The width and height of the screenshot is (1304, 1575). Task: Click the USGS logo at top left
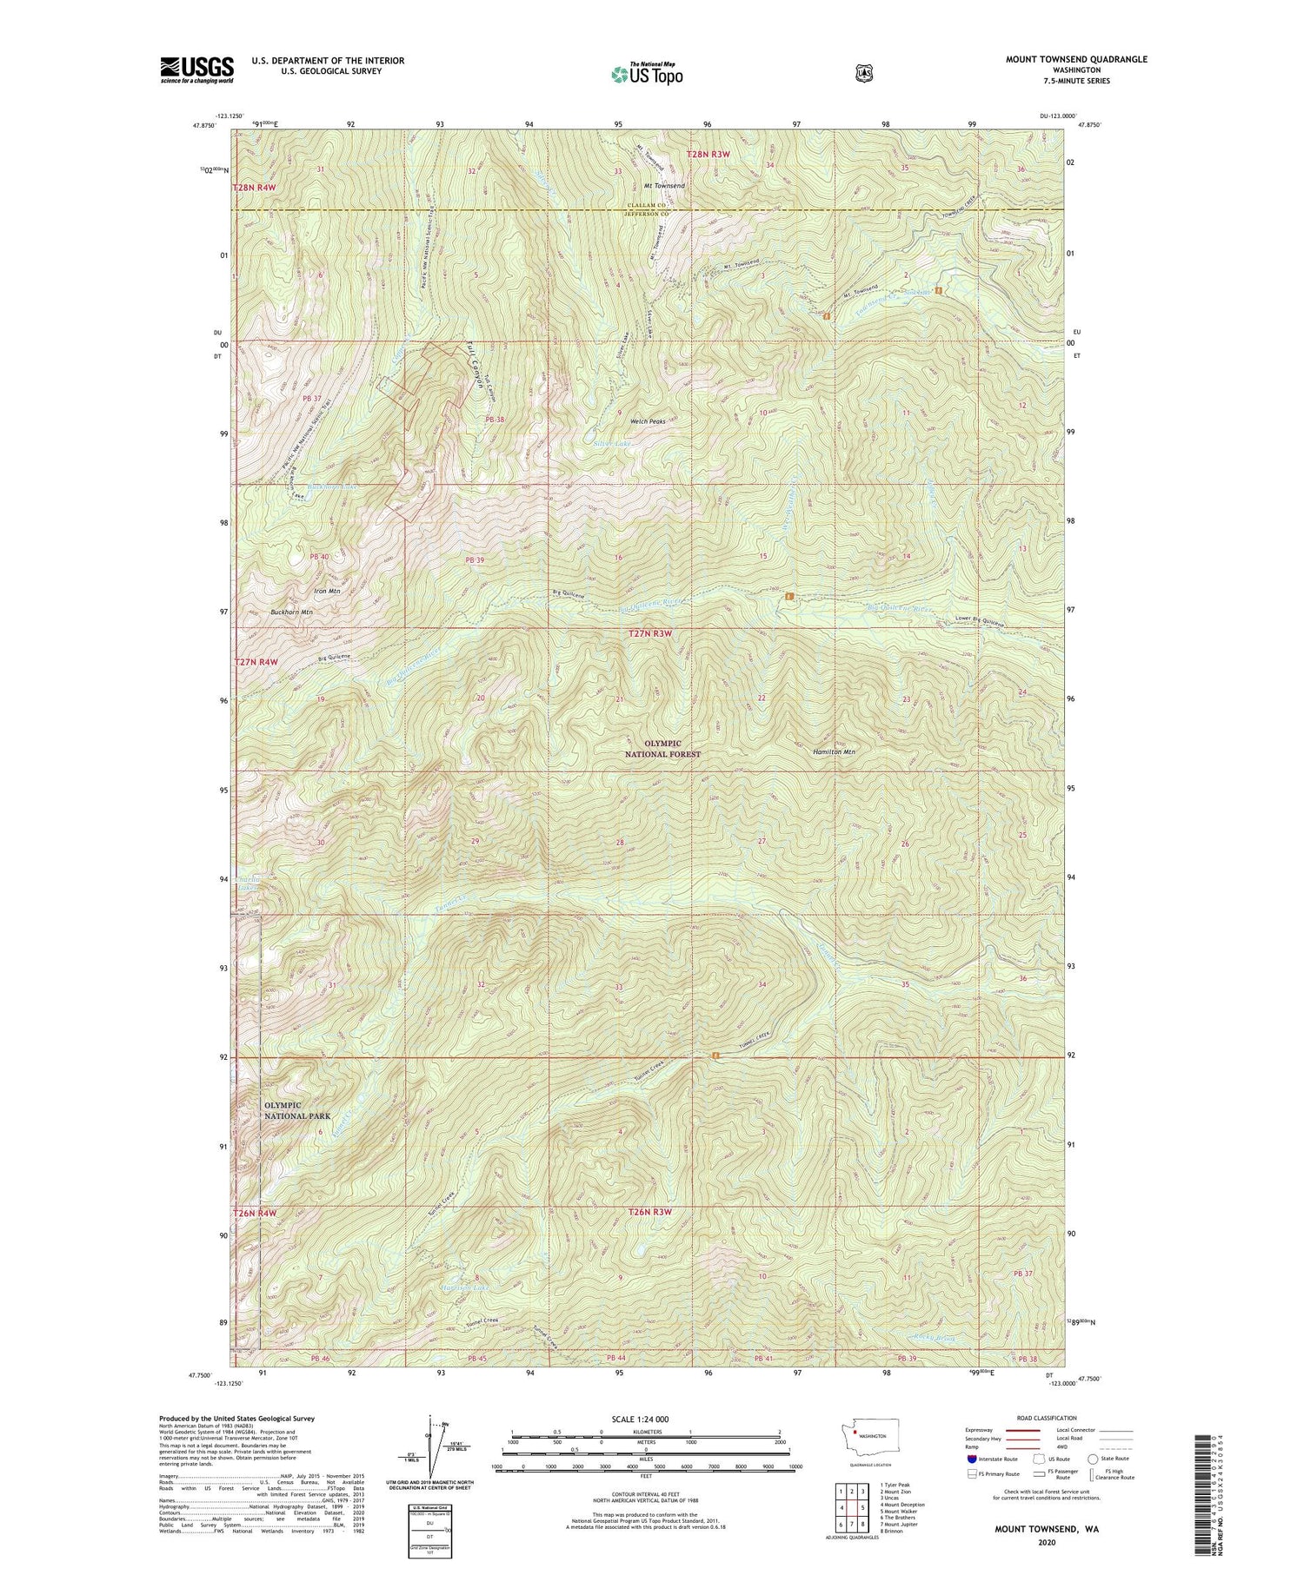click(x=196, y=69)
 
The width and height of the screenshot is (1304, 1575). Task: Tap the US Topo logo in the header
click(x=647, y=74)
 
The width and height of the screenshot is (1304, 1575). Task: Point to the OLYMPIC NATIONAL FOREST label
click(x=662, y=749)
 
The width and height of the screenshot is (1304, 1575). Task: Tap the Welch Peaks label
click(x=648, y=421)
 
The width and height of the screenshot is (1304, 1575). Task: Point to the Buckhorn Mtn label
click(x=291, y=612)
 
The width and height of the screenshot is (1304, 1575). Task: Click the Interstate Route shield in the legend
click(x=971, y=1459)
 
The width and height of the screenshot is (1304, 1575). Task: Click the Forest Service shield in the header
click(x=863, y=74)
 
